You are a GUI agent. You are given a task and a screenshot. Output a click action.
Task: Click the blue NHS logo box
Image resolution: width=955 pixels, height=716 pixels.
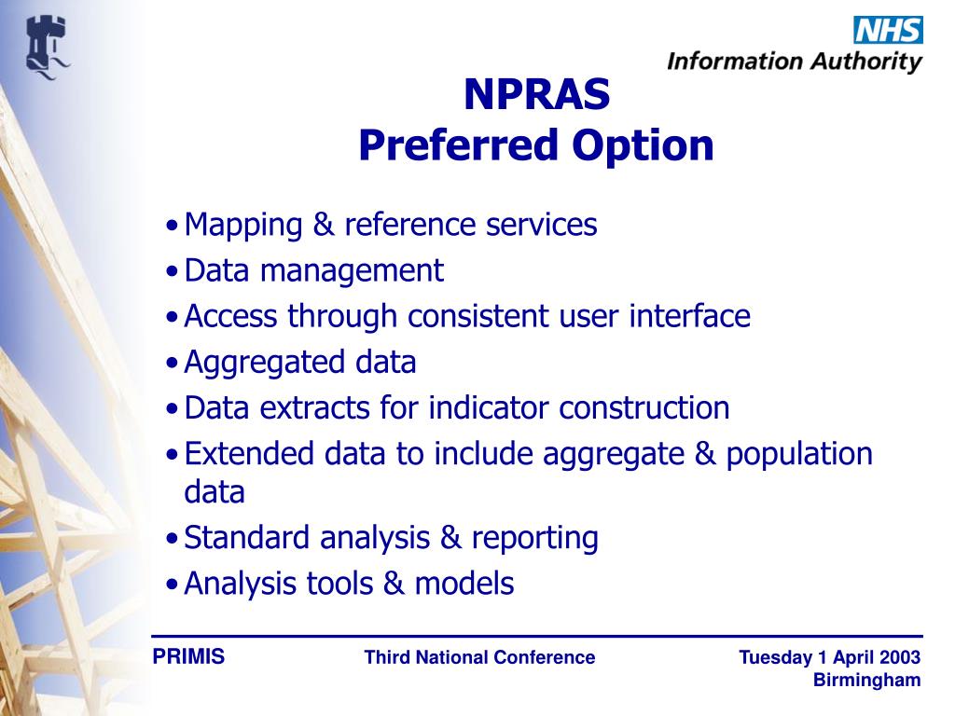tap(888, 30)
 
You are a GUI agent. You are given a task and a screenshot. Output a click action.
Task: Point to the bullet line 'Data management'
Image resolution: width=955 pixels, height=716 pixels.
tap(313, 271)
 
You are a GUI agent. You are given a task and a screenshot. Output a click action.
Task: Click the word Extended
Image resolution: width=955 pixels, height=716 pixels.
tap(250, 454)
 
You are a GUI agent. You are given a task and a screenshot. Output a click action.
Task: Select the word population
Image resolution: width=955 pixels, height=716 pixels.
tap(799, 455)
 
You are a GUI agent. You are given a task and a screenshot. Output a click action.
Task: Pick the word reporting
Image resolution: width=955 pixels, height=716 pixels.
tap(534, 538)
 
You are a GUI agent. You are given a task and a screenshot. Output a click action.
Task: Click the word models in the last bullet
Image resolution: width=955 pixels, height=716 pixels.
tap(464, 584)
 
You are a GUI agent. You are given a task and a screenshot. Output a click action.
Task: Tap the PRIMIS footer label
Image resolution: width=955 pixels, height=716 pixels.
tap(188, 657)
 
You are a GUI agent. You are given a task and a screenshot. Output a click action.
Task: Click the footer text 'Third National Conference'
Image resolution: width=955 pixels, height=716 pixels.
tap(479, 658)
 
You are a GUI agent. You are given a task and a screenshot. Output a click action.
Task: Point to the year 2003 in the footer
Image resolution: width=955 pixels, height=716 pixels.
tap(901, 658)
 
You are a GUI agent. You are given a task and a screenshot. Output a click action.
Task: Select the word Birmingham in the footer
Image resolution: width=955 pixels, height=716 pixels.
tap(866, 681)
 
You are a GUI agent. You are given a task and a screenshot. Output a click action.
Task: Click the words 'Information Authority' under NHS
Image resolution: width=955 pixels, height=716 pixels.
tap(795, 62)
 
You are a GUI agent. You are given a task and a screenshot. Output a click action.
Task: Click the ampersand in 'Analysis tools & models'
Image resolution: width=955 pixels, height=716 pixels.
tap(394, 585)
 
